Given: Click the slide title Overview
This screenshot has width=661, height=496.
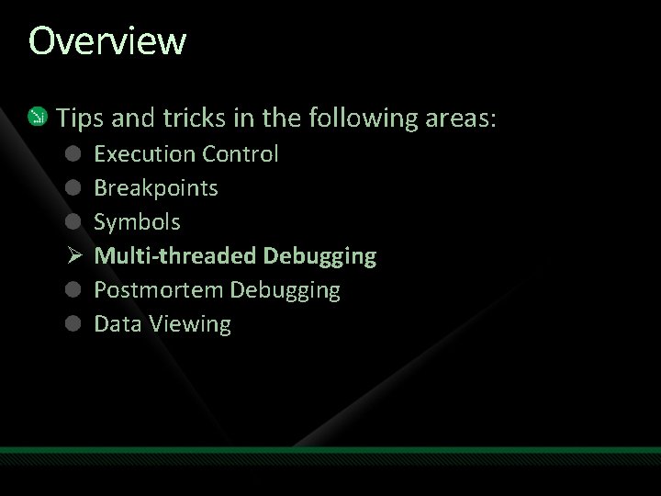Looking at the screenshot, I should point(107,41).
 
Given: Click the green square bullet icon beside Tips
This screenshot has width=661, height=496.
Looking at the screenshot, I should point(36,117).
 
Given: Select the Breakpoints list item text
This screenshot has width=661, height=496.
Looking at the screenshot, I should point(156,187).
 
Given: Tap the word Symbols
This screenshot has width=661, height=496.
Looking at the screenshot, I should point(138,221).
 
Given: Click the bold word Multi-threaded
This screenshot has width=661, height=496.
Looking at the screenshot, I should point(176,255).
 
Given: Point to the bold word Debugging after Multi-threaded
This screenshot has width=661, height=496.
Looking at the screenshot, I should point(319,256).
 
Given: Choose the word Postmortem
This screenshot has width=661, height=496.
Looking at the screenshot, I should point(159,290).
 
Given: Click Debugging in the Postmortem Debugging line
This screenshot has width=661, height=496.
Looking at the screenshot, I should point(285,291).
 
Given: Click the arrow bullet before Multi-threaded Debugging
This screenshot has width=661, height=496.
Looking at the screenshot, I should point(73,255).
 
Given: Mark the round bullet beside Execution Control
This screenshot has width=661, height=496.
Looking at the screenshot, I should point(73,153).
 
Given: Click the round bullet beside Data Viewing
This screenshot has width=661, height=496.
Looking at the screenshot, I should point(73,323).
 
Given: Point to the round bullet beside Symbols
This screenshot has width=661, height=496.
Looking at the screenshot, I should point(73,221).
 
